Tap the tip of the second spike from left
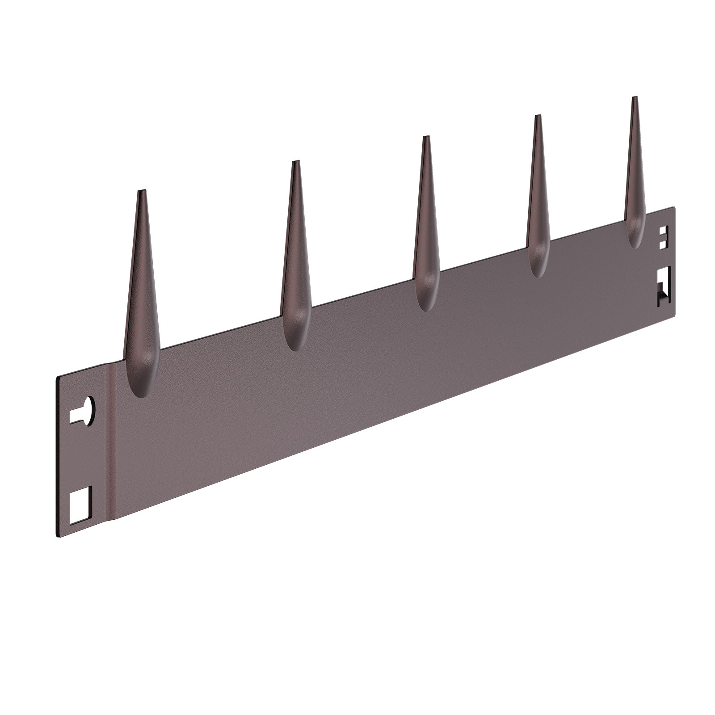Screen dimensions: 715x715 pos(295,162)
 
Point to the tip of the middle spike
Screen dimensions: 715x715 pos(426,137)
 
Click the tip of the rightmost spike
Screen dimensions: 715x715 pos(633,98)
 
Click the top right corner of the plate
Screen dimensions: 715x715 pos(674,207)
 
